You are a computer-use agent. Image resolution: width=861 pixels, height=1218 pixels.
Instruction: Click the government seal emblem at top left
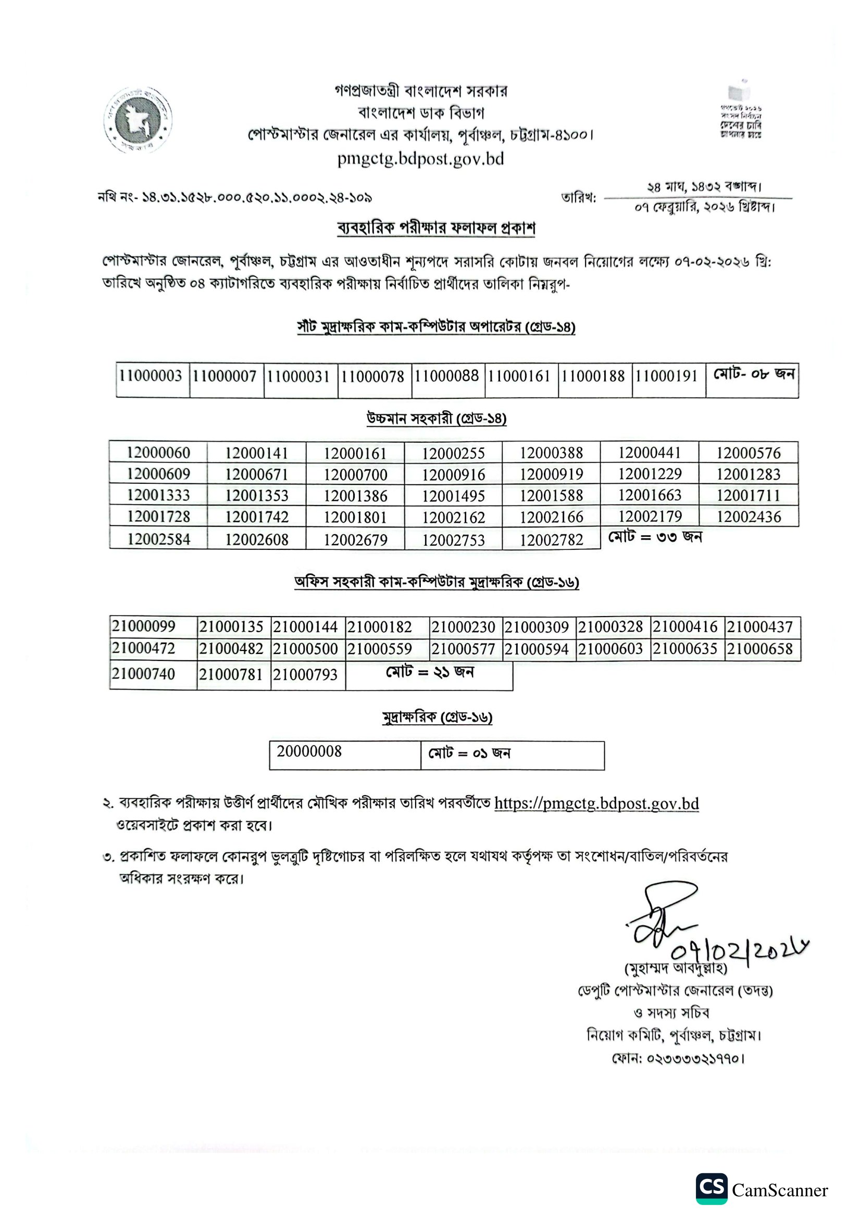click(138, 120)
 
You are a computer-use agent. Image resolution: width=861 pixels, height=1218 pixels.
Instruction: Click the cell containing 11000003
click(151, 376)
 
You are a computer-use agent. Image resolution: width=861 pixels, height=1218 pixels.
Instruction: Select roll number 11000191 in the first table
click(666, 376)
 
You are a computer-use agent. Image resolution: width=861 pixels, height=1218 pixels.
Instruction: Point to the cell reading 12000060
click(158, 453)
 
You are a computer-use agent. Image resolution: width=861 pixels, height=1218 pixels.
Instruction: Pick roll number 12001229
click(650, 474)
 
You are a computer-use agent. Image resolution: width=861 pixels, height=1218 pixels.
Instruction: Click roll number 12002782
click(551, 539)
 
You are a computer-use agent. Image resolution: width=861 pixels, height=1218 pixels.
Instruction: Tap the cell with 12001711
click(748, 495)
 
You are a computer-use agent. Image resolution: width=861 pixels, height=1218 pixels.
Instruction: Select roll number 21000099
click(143, 626)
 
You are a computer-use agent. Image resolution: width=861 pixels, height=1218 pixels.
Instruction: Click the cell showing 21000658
click(759, 649)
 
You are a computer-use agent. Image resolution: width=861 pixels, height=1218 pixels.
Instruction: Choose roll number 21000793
click(305, 674)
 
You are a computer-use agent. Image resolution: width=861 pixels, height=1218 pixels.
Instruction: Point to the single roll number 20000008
click(309, 751)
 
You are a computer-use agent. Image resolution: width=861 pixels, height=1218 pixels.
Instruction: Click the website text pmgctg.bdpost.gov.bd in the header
click(420, 159)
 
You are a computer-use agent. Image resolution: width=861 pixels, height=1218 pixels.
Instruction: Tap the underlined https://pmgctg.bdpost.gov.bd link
click(596, 803)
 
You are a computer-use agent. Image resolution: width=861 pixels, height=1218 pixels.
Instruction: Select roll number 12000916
click(453, 474)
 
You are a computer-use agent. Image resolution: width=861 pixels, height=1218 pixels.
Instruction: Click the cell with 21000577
click(463, 649)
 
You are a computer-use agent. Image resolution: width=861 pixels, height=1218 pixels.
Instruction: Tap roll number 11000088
click(446, 376)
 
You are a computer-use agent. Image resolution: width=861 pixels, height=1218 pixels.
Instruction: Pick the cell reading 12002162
click(453, 517)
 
